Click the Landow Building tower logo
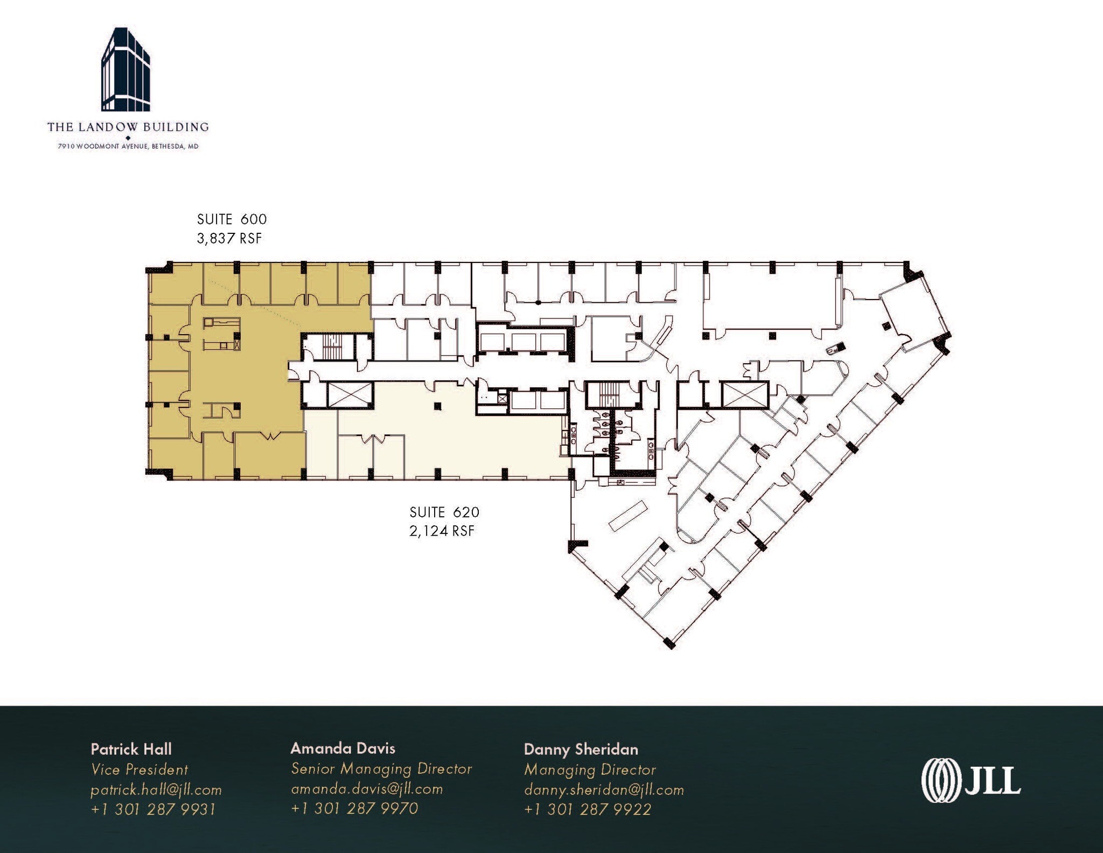[x=126, y=70]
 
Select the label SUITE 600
[x=232, y=219]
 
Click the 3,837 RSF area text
[x=229, y=238]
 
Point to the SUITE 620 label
[x=444, y=512]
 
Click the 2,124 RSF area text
[x=442, y=531]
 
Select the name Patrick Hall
[x=131, y=749]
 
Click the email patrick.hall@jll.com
[x=156, y=790]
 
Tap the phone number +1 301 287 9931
[x=153, y=809]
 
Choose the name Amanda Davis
[x=343, y=748]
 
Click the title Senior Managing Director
[x=381, y=768]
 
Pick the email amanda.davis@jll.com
[x=367, y=789]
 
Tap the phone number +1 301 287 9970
[x=354, y=808]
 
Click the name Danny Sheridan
[x=581, y=749]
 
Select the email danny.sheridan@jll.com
[x=604, y=790]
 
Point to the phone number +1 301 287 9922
[x=587, y=809]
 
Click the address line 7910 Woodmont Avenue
[x=128, y=146]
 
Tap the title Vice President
[x=139, y=769]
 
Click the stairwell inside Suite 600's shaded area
[x=336, y=346]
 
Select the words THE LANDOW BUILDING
[x=128, y=127]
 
